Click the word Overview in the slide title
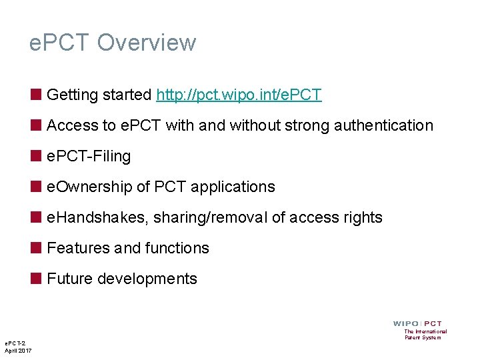(147, 43)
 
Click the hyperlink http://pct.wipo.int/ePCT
(239, 95)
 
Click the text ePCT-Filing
(89, 156)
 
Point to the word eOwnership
(89, 187)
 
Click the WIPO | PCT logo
(417, 323)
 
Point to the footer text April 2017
(18, 350)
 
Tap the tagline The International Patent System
(425, 334)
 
